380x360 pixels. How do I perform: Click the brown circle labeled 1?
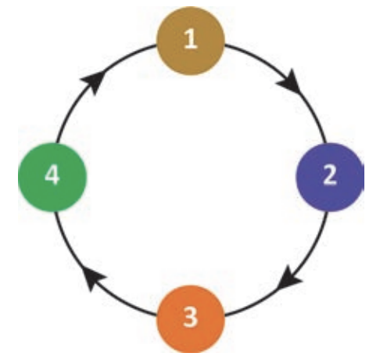(x=190, y=41)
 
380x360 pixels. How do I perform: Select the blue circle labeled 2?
(x=330, y=178)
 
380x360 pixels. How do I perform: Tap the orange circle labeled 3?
(x=190, y=319)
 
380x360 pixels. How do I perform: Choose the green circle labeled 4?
(x=52, y=178)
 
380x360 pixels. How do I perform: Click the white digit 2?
(x=330, y=175)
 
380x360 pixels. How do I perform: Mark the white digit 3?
(x=190, y=317)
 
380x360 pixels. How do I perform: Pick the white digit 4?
(x=52, y=175)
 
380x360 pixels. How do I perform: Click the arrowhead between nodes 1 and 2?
(x=290, y=81)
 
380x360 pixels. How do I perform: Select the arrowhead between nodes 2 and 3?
(x=289, y=278)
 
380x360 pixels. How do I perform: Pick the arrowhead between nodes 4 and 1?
(x=95, y=81)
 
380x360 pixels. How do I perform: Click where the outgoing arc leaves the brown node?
(x=225, y=45)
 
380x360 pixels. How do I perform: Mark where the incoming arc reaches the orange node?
(x=224, y=315)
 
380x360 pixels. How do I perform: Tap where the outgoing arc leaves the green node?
(x=57, y=143)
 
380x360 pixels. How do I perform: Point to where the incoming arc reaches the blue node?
(x=325, y=143)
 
